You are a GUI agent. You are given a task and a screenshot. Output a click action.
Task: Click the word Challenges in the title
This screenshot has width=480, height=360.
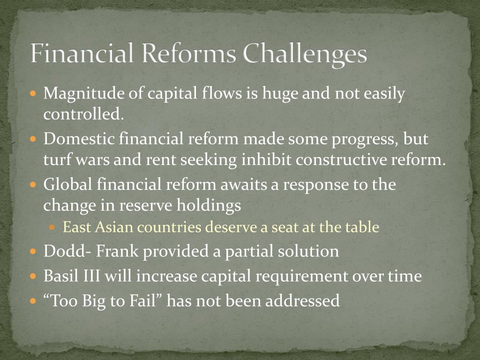click(305, 54)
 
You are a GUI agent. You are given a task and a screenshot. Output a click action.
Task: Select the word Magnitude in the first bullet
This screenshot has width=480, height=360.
click(84, 94)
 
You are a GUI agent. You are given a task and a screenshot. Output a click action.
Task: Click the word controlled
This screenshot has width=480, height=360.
click(83, 114)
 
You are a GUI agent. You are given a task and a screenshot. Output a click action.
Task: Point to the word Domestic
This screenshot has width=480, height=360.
click(79, 139)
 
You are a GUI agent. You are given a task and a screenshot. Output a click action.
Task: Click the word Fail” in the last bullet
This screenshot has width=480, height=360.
click(146, 300)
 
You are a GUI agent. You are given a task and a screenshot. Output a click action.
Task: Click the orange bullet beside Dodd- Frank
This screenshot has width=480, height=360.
click(33, 252)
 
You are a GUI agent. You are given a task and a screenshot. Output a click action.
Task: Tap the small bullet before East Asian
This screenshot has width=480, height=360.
click(52, 227)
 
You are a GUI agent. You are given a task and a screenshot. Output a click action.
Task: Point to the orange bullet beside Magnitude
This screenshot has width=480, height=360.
click(33, 93)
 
